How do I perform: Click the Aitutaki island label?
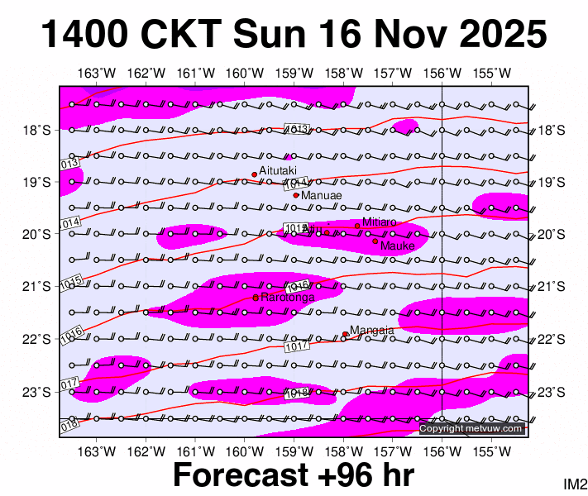click(x=278, y=169)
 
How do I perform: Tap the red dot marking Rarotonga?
click(x=256, y=297)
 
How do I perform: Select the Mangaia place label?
click(x=369, y=331)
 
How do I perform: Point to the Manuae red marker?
click(x=296, y=195)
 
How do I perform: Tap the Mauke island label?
click(x=398, y=246)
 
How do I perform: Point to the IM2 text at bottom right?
click(x=575, y=484)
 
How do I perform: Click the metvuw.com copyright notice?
click(x=471, y=428)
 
